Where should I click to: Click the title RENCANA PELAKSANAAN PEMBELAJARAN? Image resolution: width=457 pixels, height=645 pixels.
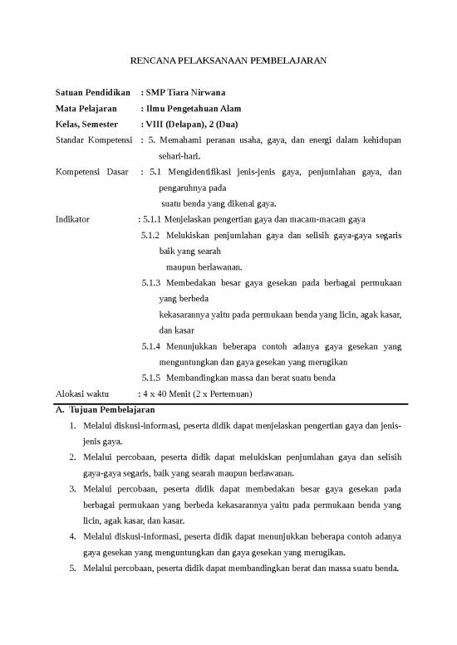coord(228,61)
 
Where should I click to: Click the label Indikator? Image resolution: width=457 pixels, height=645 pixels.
coord(72,220)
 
